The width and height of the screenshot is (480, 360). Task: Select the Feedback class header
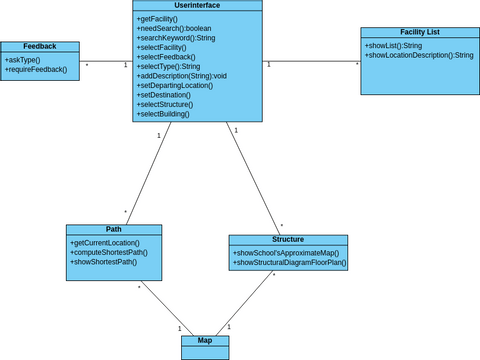[39, 46]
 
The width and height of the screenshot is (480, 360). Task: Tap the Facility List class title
[419, 33]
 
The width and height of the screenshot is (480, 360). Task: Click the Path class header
[113, 229]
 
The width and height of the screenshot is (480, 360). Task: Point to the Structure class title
[288, 240]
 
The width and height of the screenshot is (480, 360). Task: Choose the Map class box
[204, 346]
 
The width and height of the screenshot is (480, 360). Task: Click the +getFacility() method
[157, 19]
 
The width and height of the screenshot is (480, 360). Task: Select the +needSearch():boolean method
[175, 28]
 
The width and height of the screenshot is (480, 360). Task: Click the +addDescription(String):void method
[182, 76]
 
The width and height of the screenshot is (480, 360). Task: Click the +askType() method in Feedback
[23, 60]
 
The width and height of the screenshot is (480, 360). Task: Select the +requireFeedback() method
[36, 70]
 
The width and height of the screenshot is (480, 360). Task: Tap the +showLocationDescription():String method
[419, 56]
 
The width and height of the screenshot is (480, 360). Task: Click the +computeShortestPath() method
[109, 253]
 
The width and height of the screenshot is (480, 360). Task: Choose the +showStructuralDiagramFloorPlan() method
[287, 263]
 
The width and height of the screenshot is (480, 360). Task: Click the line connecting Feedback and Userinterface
[106, 61]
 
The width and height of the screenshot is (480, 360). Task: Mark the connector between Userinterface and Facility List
[311, 61]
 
